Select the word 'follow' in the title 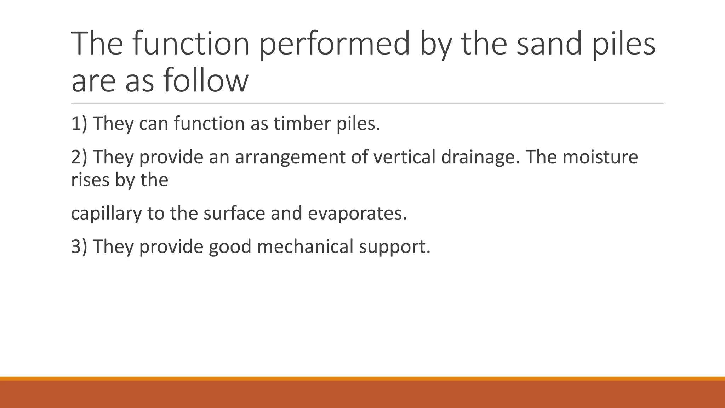coord(206,80)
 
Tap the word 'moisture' coord(600,157)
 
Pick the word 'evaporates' coord(357,214)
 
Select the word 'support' coord(394,247)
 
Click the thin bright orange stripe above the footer coord(362,379)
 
